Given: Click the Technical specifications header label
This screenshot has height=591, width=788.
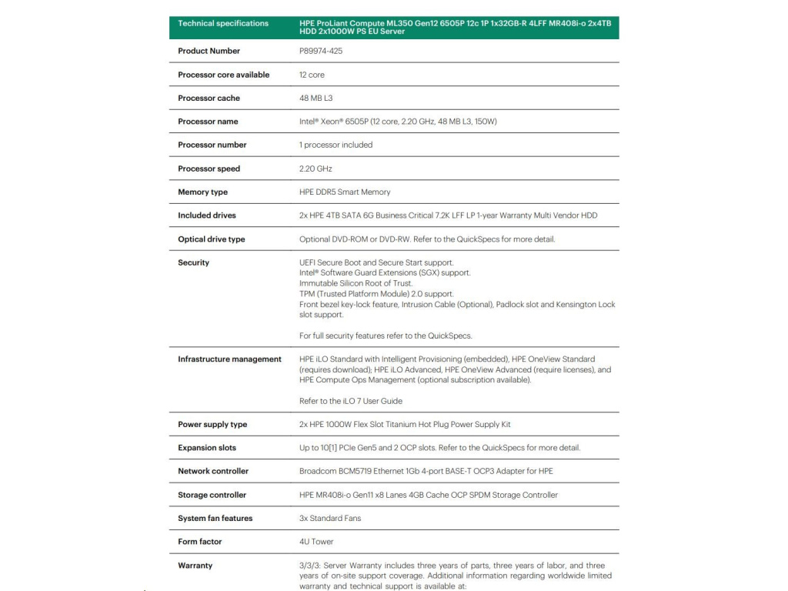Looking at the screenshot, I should click(223, 23).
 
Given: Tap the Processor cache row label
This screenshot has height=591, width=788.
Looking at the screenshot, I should click(209, 98).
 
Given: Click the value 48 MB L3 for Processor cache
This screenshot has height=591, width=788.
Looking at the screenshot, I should click(316, 98).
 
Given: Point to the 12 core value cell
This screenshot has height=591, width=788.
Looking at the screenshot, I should click(312, 75).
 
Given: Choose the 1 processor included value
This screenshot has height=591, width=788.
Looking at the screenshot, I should click(336, 145).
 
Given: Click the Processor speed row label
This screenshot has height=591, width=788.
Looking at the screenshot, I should click(209, 169).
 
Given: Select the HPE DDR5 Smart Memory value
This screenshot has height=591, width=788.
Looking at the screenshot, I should click(344, 192).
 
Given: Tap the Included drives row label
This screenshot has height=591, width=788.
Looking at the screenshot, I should click(207, 215).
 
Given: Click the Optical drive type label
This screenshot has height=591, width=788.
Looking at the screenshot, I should click(212, 239).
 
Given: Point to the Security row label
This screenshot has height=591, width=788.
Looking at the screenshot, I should click(193, 262).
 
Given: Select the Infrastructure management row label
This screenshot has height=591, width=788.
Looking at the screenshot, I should click(229, 359).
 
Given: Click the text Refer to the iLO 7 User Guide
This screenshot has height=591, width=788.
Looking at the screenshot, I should click(350, 401).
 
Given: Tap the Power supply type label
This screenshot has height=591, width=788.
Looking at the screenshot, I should click(212, 425).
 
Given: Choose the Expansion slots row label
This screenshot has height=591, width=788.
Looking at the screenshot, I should click(207, 448).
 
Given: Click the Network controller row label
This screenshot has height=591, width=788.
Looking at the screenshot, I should click(213, 471).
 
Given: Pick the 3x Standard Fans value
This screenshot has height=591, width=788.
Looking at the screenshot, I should click(329, 518).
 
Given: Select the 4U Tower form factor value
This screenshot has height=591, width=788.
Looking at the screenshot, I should click(316, 542).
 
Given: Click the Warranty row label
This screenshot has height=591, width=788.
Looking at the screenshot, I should click(195, 566).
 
